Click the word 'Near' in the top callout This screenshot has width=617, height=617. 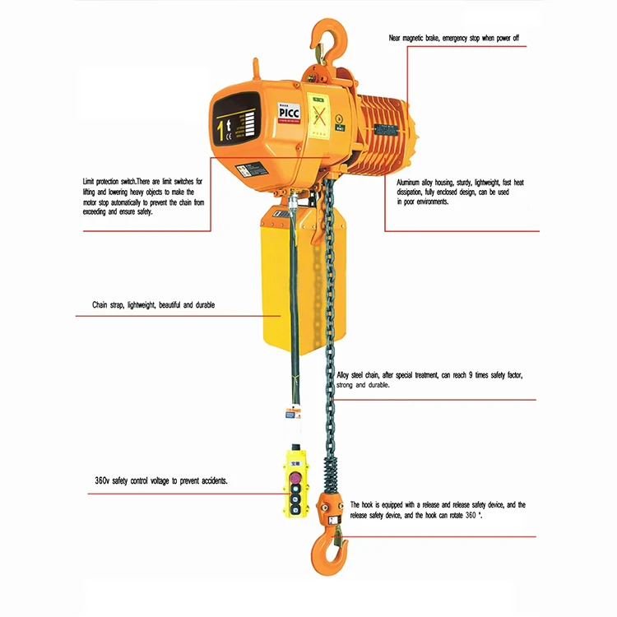point(398,39)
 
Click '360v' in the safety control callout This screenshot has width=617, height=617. point(103,480)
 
